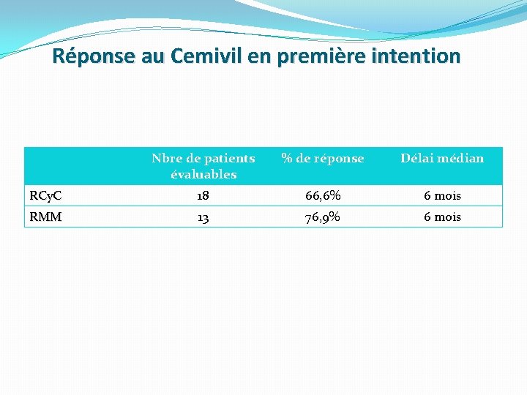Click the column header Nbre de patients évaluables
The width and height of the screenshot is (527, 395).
(203, 166)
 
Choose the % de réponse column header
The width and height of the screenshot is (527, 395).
(323, 158)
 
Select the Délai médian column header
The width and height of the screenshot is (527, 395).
(441, 158)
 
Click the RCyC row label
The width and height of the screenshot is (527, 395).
(45, 196)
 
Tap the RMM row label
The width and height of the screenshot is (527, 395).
(45, 217)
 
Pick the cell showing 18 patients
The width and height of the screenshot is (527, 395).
(203, 196)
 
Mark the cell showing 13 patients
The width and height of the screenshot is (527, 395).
(203, 217)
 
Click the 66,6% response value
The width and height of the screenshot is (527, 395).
(323, 196)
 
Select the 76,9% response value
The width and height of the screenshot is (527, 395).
(323, 217)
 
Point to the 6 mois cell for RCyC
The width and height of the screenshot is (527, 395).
(441, 196)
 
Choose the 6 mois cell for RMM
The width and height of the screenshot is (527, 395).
(441, 217)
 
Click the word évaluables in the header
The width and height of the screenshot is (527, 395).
(203, 175)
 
